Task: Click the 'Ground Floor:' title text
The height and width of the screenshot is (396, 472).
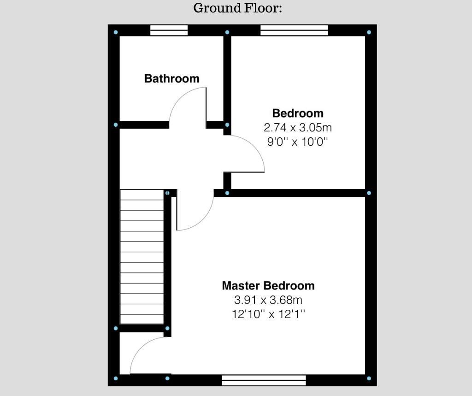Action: [237, 8]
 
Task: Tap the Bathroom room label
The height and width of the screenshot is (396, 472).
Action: [172, 78]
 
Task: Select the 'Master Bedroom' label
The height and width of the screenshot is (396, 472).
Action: [268, 285]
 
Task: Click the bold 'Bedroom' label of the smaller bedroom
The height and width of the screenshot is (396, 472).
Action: [298, 113]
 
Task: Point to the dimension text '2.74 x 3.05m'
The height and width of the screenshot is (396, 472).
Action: [298, 127]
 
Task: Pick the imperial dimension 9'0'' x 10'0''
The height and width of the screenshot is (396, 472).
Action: [297, 142]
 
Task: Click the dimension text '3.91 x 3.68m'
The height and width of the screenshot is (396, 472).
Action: [268, 300]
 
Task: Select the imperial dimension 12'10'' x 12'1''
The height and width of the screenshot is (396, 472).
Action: [268, 314]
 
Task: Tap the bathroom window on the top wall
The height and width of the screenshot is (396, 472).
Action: [169, 30]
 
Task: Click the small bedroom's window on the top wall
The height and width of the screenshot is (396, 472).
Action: [294, 30]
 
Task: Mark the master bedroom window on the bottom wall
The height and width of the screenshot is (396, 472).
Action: [264, 380]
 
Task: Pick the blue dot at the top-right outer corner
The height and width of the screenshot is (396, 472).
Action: [369, 32]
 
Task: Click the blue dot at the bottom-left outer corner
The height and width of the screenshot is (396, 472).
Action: [116, 378]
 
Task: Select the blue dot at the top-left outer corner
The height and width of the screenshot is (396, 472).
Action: [116, 32]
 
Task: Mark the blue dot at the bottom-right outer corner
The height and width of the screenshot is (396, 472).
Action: [369, 378]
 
